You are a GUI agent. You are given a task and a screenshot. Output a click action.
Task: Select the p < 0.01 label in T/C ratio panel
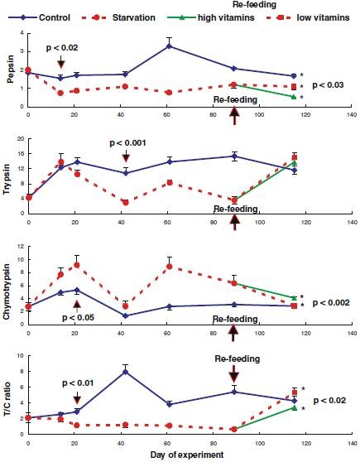tap(79, 383)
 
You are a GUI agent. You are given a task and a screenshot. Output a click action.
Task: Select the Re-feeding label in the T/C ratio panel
tap(234, 359)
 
